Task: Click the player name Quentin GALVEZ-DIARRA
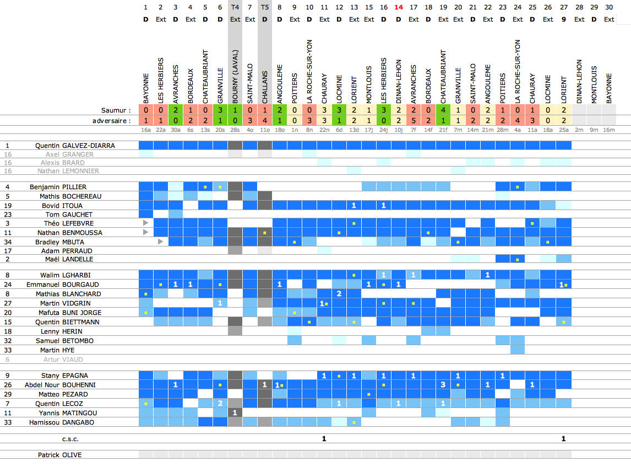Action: click(75, 146)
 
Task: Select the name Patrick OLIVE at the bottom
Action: click(60, 455)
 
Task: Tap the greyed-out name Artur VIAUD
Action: click(64, 359)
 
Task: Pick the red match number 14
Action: click(399, 7)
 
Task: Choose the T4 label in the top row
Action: click(235, 7)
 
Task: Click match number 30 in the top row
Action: click(608, 7)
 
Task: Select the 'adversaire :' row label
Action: click(112, 120)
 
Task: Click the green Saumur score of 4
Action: click(443, 110)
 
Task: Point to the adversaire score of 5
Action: click(414, 120)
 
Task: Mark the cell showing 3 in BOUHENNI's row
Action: click(443, 384)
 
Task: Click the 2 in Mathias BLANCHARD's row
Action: click(339, 293)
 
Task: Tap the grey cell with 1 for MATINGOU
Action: click(235, 412)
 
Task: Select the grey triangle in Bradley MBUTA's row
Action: click(160, 241)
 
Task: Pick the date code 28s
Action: click(235, 130)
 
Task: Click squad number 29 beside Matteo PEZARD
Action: click(8, 394)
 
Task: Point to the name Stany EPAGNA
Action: click(66, 375)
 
